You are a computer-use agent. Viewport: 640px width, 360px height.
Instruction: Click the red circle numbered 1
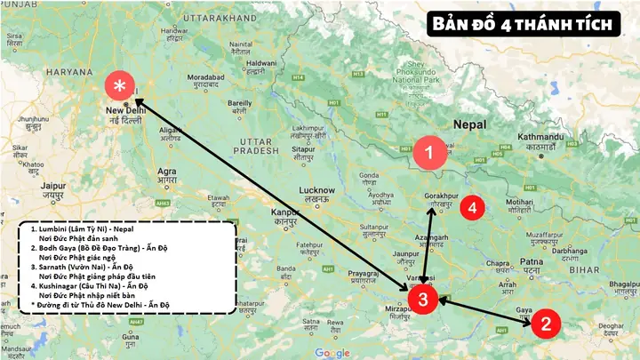(429, 153)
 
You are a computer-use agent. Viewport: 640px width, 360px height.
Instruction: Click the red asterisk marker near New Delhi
(120, 86)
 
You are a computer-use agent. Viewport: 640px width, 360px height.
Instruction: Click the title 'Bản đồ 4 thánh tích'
(523, 25)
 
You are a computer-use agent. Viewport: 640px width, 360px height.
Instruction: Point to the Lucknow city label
(316, 190)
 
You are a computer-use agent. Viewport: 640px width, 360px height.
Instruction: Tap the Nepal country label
(468, 124)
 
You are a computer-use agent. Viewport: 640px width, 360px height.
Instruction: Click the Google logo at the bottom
(332, 353)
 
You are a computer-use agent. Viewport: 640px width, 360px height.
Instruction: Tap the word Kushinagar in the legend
(55, 287)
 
